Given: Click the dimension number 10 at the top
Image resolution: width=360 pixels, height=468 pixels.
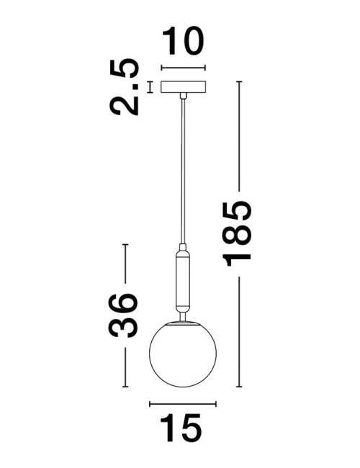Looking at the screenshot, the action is click(183, 41).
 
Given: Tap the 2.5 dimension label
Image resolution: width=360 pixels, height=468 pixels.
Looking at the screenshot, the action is click(124, 87).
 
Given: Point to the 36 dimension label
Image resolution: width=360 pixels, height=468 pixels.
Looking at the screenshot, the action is click(123, 315).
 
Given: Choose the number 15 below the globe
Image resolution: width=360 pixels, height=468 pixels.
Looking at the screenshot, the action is click(181, 428).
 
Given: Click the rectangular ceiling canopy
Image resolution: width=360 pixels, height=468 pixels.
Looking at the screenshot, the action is click(183, 87).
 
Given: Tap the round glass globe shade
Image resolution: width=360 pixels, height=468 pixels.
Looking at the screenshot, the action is click(183, 354).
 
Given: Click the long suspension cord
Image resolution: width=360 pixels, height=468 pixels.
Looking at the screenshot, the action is click(183, 171).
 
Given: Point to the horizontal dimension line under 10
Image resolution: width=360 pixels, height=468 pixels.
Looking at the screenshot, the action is click(183, 68).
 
